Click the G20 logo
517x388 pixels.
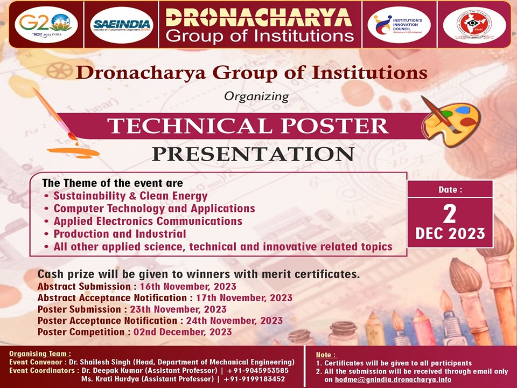tap(46, 24)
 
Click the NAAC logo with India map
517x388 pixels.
tap(474, 25)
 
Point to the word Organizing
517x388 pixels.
tap(256, 97)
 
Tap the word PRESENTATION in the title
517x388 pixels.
tap(253, 154)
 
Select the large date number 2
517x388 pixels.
tap(450, 214)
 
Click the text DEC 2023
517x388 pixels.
tap(450, 234)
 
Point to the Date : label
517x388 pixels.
tap(450, 189)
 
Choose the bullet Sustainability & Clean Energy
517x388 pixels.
tap(130, 196)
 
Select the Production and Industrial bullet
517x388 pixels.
tap(119, 234)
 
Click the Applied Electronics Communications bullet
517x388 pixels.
tap(148, 221)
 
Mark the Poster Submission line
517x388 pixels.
tap(132, 309)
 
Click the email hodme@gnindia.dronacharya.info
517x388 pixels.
tap(393, 379)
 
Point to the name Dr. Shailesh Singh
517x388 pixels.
tap(118, 362)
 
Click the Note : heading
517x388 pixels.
tap(326, 355)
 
